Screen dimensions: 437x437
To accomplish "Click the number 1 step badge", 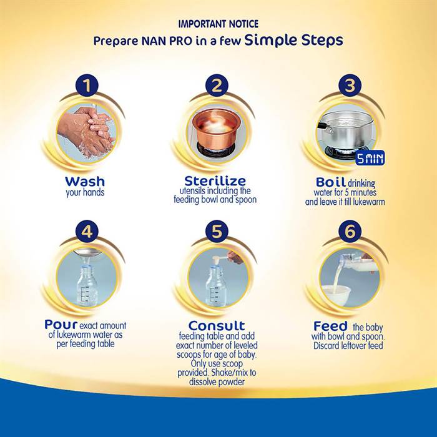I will click(x=87, y=86).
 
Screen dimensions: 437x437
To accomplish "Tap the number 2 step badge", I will click(x=216, y=86).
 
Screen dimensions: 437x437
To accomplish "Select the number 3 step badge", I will click(x=350, y=86).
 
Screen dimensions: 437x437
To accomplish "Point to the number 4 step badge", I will click(x=87, y=231).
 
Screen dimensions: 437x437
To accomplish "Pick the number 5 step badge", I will click(x=216, y=231).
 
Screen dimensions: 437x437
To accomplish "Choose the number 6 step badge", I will click(x=350, y=231).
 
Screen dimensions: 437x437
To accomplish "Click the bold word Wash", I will click(x=85, y=182).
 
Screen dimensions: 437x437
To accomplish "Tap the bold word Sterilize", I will click(x=215, y=181).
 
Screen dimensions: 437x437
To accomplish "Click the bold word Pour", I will click(x=61, y=325).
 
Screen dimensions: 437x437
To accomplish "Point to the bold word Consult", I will click(x=216, y=326).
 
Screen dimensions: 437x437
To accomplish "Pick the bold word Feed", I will click(x=330, y=326).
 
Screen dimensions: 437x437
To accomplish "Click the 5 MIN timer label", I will click(x=370, y=158).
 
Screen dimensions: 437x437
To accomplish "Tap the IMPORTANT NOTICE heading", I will click(x=218, y=24).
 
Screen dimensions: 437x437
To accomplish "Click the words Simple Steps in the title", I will click(x=293, y=41).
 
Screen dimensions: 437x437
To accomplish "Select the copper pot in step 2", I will click(x=214, y=129).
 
